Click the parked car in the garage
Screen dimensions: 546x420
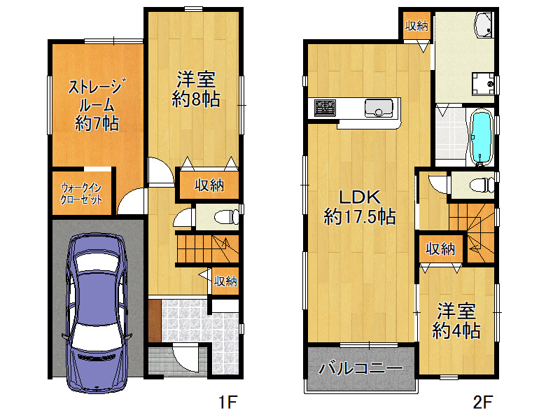97,313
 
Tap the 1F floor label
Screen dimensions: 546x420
227,402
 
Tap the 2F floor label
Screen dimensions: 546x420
482,402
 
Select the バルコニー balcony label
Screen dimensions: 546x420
360,368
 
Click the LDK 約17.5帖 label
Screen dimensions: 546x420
360,207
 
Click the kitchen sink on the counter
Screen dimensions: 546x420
379,107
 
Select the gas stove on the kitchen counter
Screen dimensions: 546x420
325,108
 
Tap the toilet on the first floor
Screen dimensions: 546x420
226,218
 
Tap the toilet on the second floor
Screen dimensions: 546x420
482,185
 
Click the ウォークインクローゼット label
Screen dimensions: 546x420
81,194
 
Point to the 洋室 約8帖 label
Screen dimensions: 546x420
196,90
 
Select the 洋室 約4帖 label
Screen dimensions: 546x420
456,321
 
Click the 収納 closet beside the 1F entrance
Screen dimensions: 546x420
225,281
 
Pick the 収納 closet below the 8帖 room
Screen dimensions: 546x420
209,185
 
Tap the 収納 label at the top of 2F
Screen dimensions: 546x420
416,25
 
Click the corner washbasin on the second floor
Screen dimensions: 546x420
484,24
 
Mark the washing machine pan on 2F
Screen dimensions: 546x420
483,83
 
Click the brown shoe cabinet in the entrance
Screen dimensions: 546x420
154,321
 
